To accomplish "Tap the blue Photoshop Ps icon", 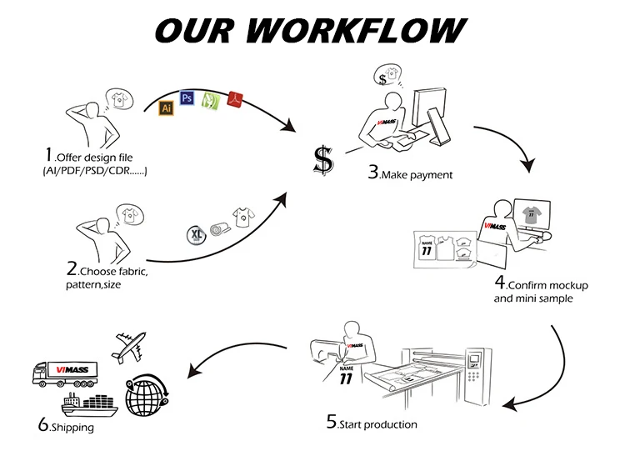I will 187,98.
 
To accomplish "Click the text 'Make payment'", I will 417,175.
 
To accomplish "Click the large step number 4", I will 500,282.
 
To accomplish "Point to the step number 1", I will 49,155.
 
